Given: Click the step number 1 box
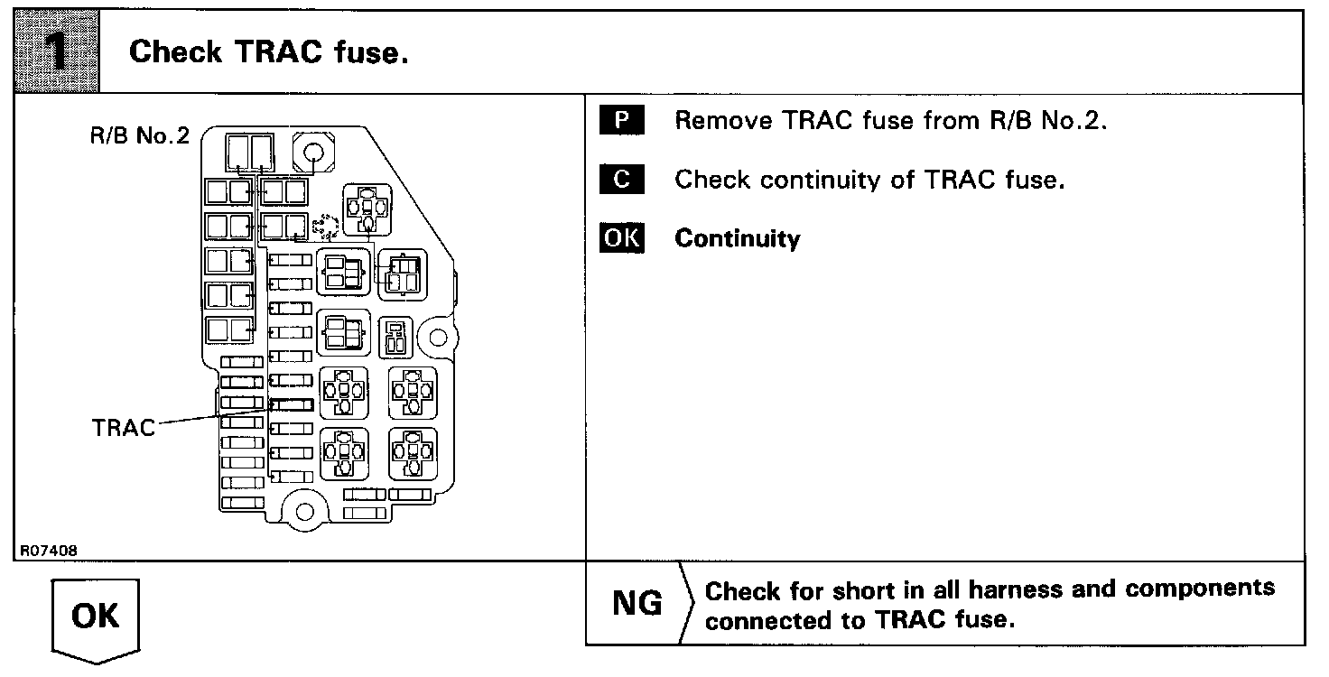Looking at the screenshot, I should [55, 51].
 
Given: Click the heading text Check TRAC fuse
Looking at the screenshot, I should [269, 52].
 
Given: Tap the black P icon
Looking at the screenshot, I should [622, 121].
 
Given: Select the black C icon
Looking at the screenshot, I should [622, 180].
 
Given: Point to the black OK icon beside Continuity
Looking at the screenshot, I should [622, 238].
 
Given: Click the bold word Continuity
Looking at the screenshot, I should [737, 239].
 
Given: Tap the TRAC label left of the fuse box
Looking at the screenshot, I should [124, 427].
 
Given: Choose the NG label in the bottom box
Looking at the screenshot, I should [637, 604].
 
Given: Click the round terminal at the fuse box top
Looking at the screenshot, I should [313, 150].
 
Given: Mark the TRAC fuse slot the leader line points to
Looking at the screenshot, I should [292, 404].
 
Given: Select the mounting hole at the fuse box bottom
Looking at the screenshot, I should [305, 512].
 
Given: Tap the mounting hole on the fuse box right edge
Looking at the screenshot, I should [436, 338].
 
